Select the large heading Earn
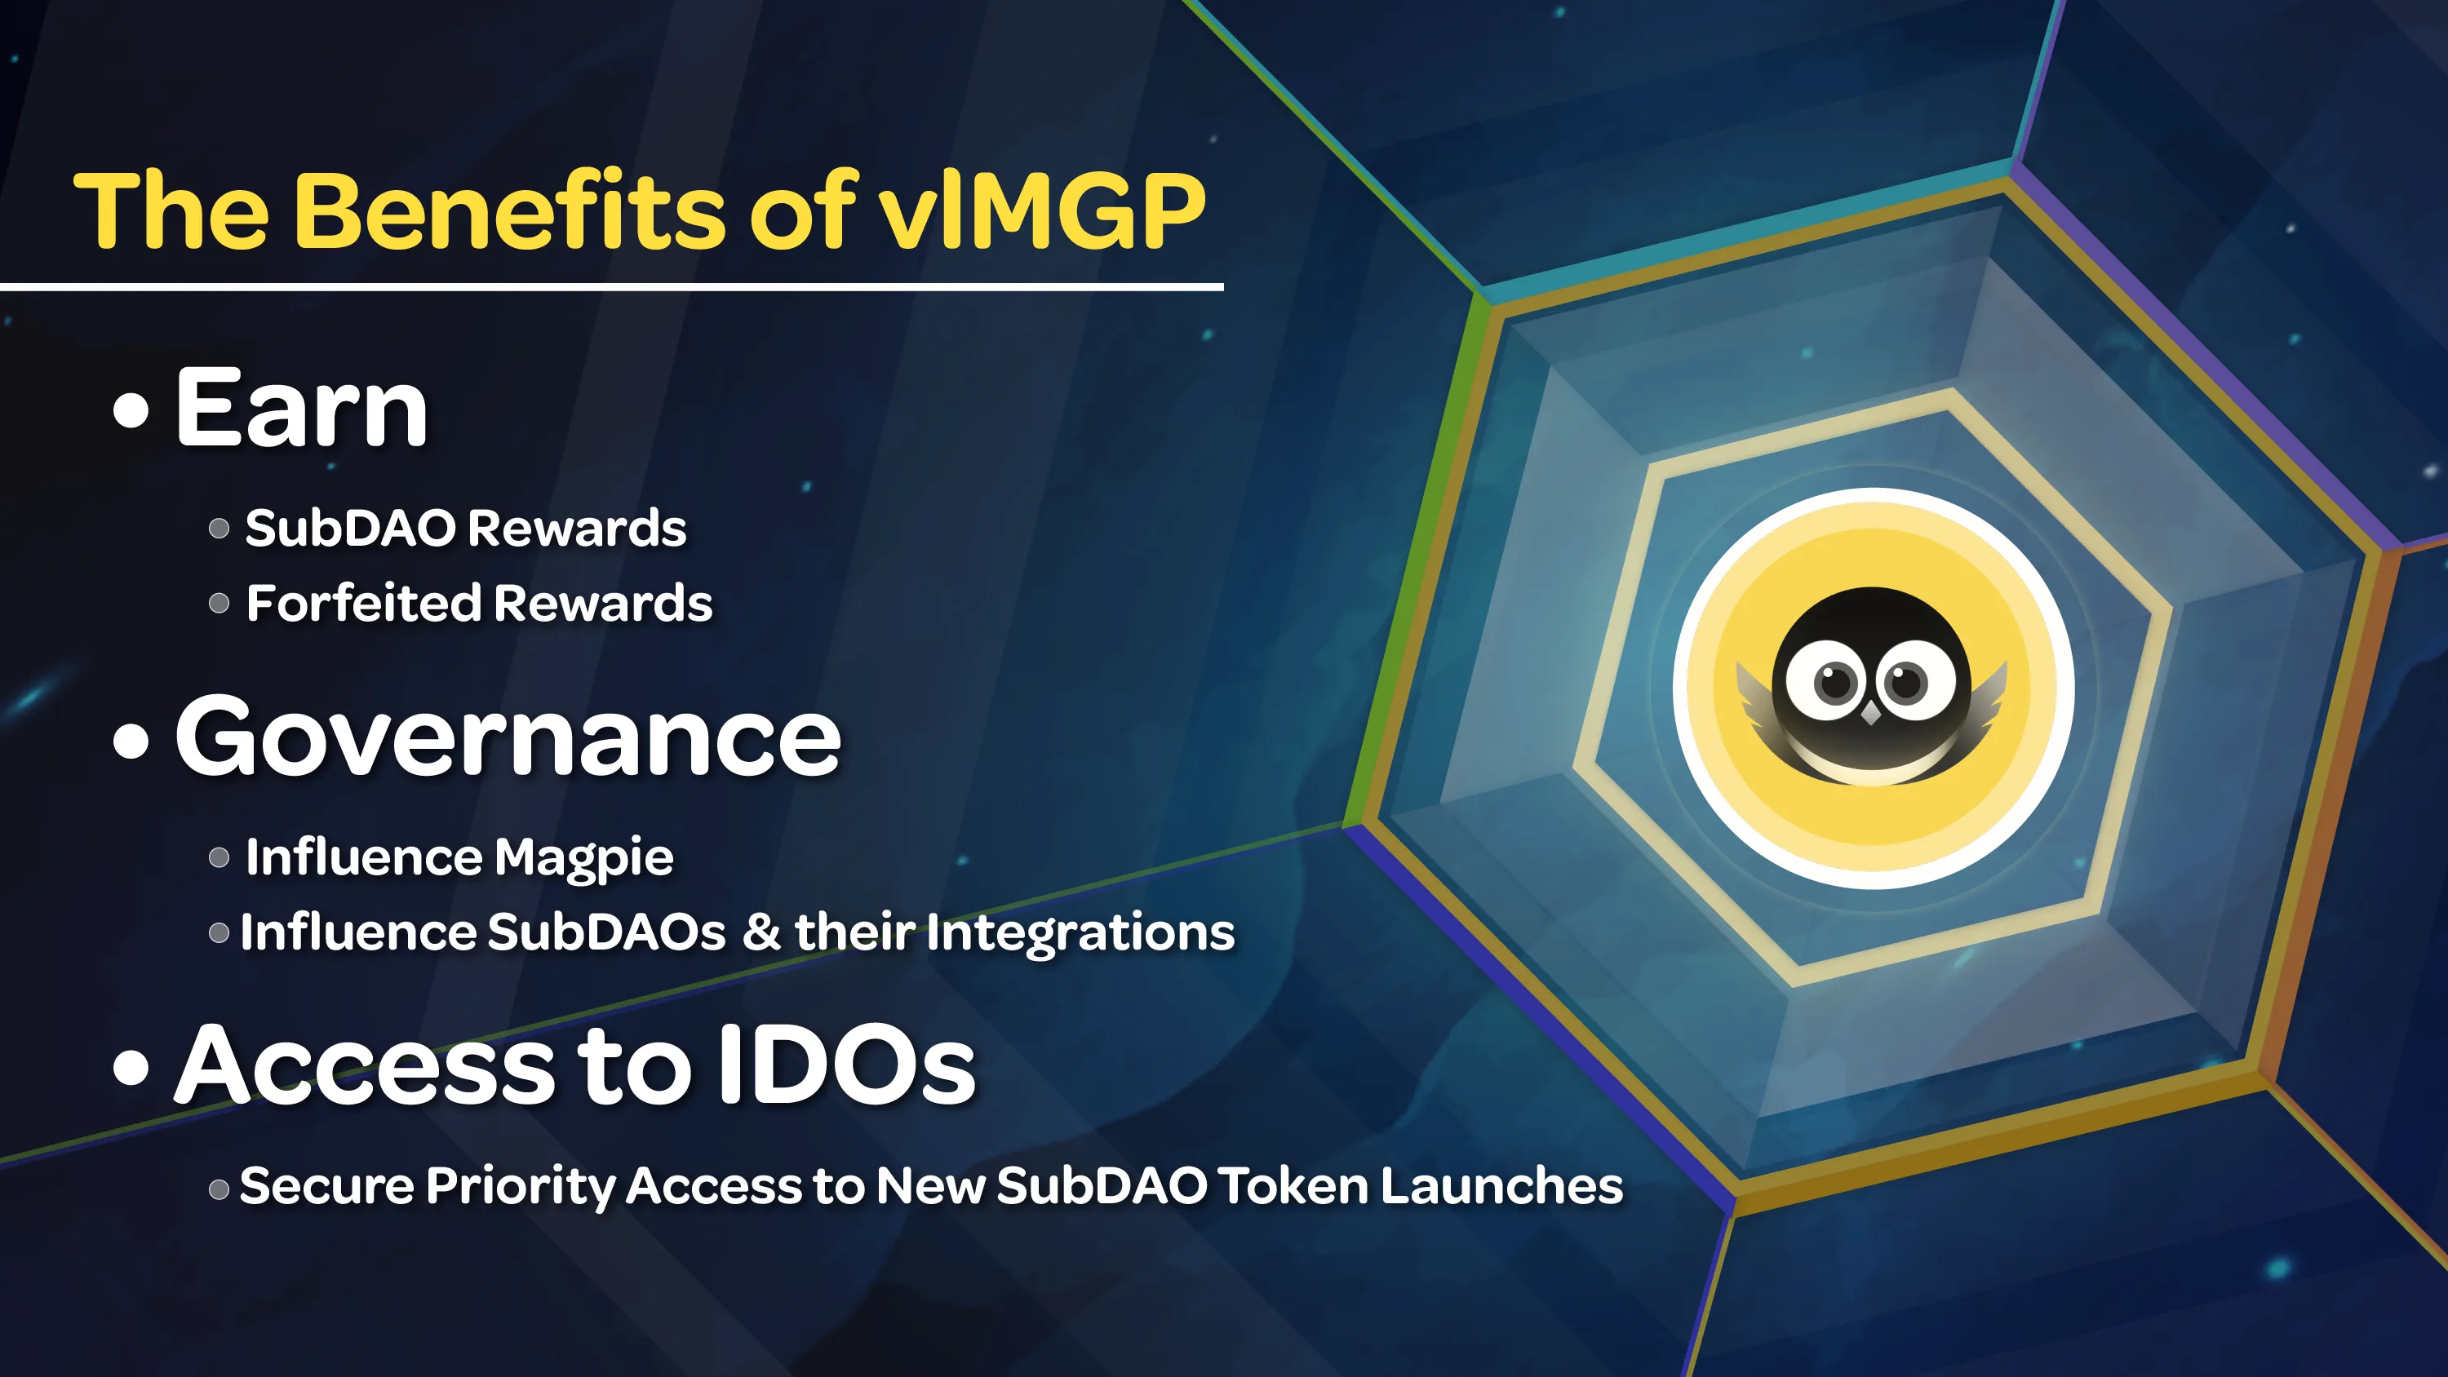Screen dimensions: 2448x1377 click(301, 409)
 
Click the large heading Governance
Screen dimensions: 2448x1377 click(508, 737)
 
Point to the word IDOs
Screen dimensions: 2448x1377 click(845, 1065)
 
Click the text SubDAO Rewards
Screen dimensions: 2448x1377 click(466, 529)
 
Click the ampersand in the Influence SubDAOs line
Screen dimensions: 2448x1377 click(762, 932)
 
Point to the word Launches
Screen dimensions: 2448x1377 click(1501, 1186)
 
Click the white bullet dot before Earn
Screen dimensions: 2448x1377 click(131, 410)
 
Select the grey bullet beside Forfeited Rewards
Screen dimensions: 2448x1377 click(220, 604)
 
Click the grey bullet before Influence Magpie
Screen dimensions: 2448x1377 click(220, 858)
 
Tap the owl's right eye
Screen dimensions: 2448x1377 click(1906, 680)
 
